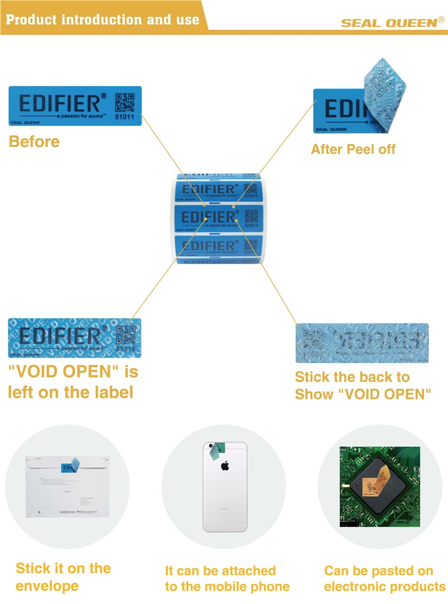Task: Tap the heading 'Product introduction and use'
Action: click(102, 19)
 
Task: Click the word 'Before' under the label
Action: click(34, 142)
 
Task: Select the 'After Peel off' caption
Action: click(353, 149)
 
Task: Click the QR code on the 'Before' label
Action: click(125, 102)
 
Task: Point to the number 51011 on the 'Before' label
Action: click(125, 117)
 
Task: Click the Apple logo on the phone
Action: click(225, 466)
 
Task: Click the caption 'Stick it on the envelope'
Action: click(63, 577)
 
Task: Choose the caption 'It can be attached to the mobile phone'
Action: click(227, 579)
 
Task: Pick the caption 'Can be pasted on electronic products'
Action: click(384, 579)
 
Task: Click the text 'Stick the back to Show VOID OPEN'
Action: click(363, 386)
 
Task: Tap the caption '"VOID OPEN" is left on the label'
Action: click(72, 382)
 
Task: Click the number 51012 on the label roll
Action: click(251, 195)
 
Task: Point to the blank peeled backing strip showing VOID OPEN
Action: click(363, 343)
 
